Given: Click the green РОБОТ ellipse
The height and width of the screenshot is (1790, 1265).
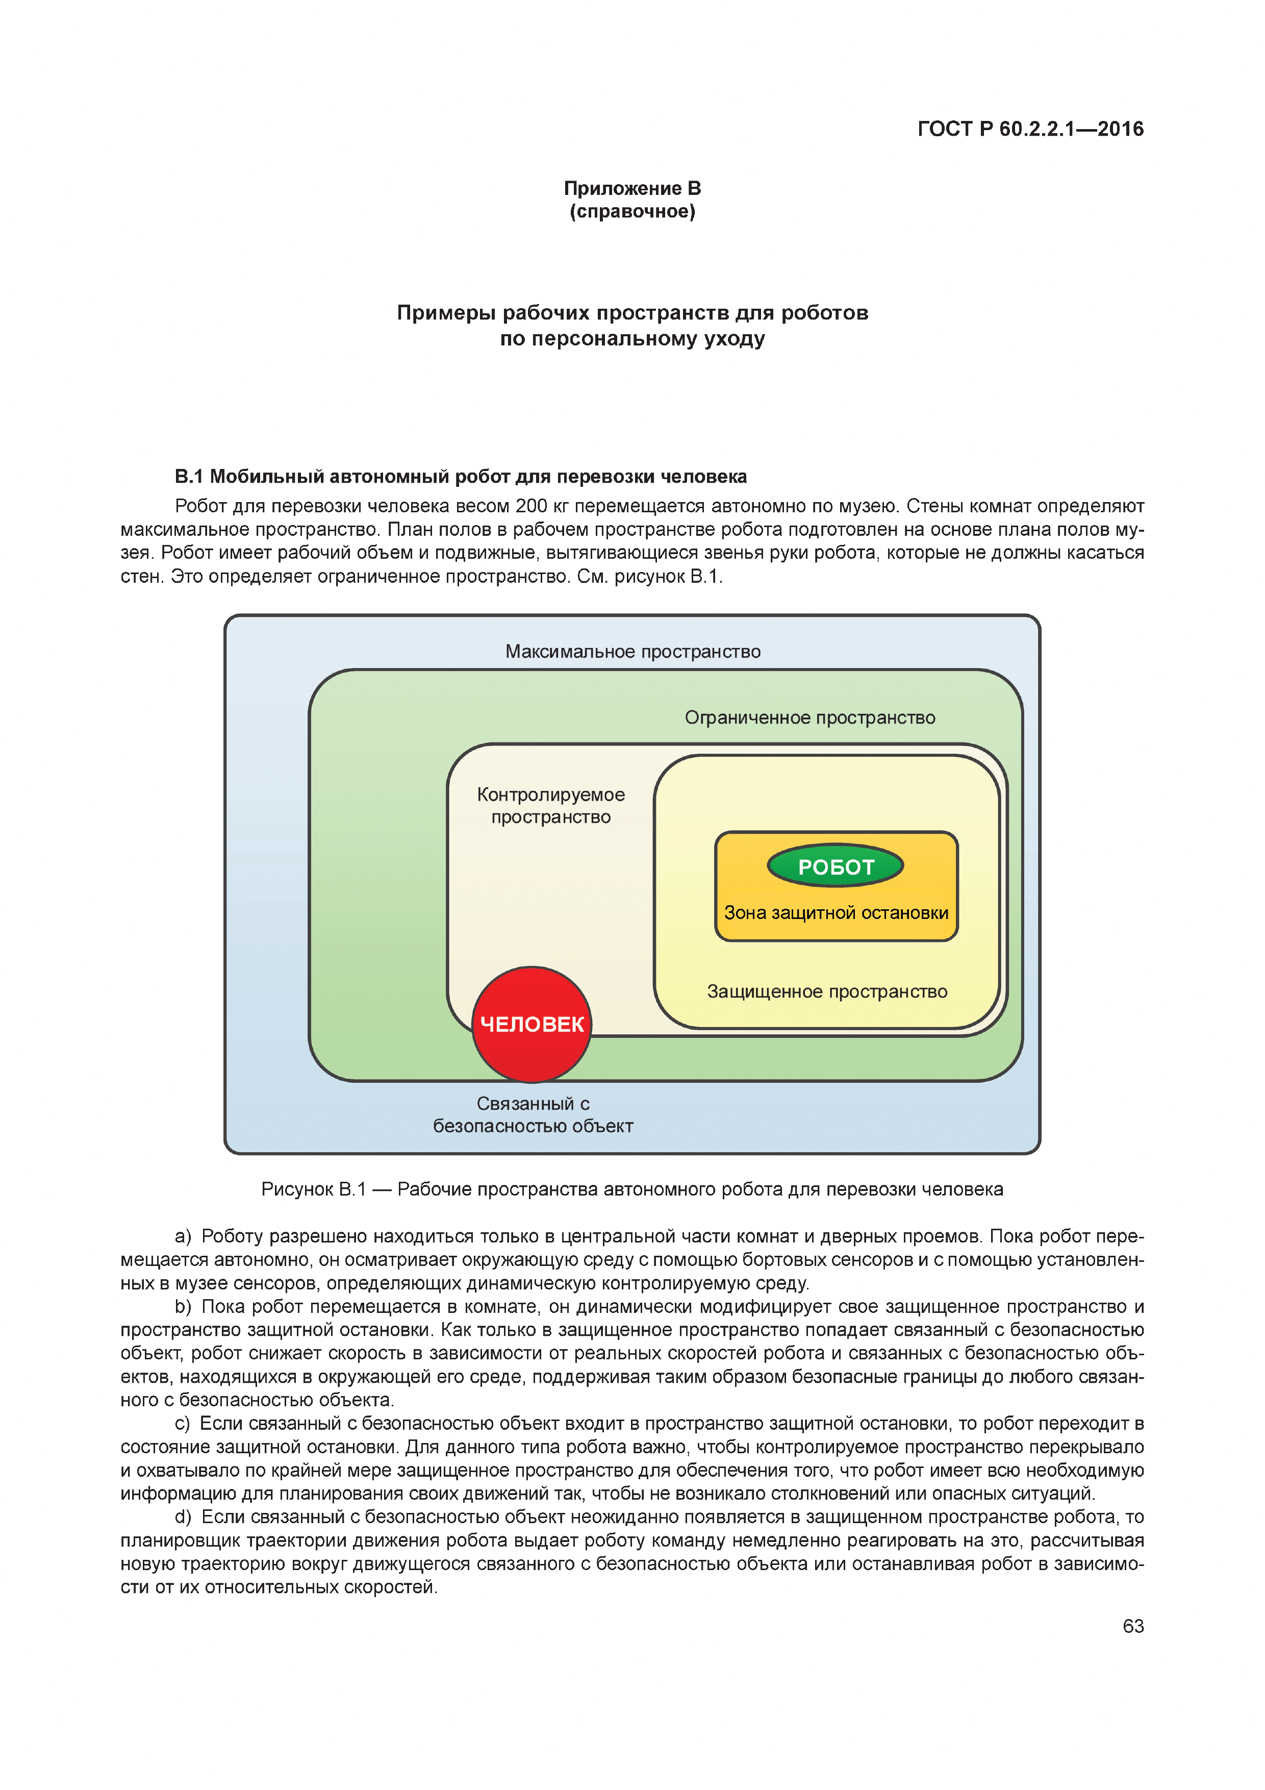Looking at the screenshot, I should pyautogui.click(x=835, y=866).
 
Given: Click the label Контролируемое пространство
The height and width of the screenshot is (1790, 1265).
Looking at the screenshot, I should pyautogui.click(x=550, y=805).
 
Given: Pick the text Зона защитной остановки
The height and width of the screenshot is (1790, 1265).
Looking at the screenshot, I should pyautogui.click(x=836, y=913).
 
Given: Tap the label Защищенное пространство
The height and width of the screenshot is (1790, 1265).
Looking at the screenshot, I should pyautogui.click(x=826, y=991).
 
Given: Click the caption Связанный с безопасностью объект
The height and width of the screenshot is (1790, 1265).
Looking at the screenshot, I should pyautogui.click(x=533, y=1115).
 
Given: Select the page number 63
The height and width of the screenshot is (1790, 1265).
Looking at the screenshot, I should pyautogui.click(x=1132, y=1626).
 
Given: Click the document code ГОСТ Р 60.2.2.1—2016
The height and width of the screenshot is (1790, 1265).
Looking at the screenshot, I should pyautogui.click(x=1030, y=129).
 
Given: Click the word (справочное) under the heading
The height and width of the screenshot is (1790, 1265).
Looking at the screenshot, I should pyautogui.click(x=632, y=211).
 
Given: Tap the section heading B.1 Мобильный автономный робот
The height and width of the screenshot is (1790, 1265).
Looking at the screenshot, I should pyautogui.click(x=460, y=477).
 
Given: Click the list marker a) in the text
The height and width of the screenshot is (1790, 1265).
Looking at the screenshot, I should pyautogui.click(x=183, y=1236).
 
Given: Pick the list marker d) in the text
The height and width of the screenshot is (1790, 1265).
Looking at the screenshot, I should pyautogui.click(x=183, y=1517).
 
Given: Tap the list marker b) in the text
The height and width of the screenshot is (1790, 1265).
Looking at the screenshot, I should pyautogui.click(x=183, y=1307).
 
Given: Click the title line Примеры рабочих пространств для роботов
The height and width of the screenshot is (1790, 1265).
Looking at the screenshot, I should pyautogui.click(x=632, y=313).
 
